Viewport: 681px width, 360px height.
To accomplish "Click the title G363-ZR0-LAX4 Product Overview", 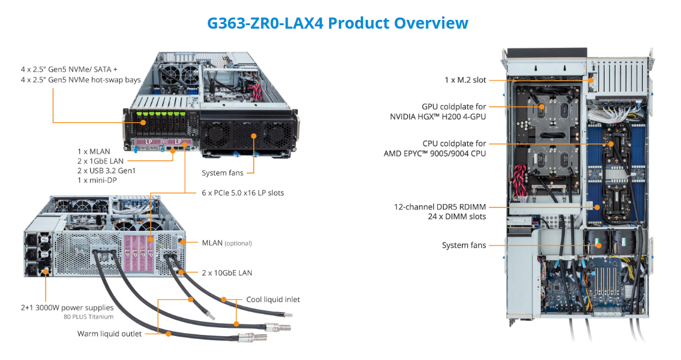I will click(x=338, y=23).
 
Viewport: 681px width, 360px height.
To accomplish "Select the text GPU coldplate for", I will click(x=454, y=107).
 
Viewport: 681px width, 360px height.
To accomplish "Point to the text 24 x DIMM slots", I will click(x=457, y=217).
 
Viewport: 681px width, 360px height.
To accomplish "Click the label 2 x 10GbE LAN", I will click(x=227, y=273).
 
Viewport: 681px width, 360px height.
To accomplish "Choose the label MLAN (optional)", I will click(x=227, y=243).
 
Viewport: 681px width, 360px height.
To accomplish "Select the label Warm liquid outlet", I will click(x=109, y=334).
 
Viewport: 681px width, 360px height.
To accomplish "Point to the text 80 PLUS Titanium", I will click(x=88, y=317).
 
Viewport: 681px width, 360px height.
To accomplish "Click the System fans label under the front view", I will click(x=223, y=173).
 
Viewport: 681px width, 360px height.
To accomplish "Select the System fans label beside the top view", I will click(x=464, y=245).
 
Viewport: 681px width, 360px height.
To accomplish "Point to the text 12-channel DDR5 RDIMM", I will click(x=440, y=207).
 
